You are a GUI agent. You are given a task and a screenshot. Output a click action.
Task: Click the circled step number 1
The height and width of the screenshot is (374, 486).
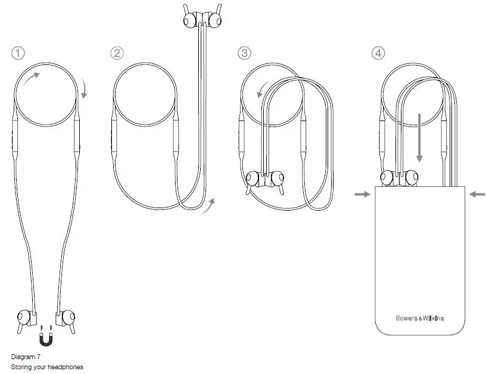(x=18, y=54)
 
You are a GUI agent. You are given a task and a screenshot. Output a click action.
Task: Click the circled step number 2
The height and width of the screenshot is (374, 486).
(x=117, y=54)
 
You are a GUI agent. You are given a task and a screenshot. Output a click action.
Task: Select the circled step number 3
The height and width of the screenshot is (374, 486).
(x=244, y=54)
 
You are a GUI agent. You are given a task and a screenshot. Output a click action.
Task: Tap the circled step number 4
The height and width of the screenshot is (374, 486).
(x=378, y=54)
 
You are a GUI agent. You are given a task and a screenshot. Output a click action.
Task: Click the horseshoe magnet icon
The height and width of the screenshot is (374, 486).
(x=46, y=339)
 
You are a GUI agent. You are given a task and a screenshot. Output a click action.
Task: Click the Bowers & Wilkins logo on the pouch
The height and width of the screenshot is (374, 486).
(x=420, y=318)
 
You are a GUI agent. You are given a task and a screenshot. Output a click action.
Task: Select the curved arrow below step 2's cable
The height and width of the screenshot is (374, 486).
(x=208, y=206)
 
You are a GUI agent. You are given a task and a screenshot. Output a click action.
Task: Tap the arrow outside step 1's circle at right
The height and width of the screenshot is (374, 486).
(x=83, y=89)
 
